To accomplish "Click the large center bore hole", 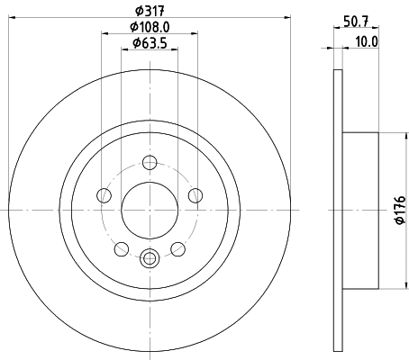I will pyautogui.click(x=149, y=209).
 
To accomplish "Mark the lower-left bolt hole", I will pyautogui.click(x=122, y=247).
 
